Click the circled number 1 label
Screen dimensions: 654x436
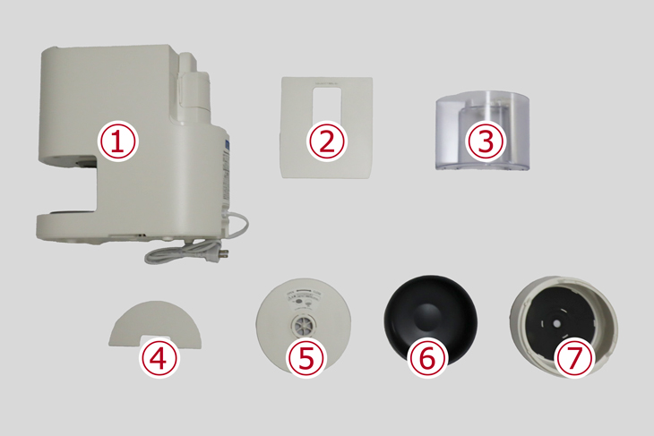coord(117,141)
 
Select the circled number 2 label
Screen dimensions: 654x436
coord(327,141)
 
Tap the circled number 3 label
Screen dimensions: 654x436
coord(486,141)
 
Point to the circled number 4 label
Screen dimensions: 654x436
coord(159,358)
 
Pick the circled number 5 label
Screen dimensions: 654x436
coord(306,358)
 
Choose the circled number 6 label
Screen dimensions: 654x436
coord(427,358)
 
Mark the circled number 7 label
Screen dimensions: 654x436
coord(574,358)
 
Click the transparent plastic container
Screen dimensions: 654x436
coord(483,131)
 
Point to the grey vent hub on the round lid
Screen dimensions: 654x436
coord(304,325)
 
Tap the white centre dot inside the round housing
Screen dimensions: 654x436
coord(557,323)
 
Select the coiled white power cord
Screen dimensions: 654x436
coord(197,241)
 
